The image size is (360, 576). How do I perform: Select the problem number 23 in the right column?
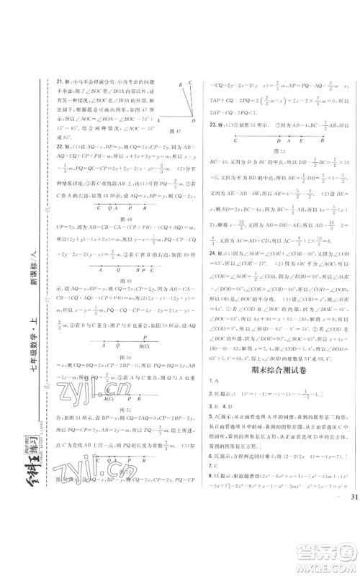[213, 127]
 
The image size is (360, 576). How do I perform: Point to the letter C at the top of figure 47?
[189, 81]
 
